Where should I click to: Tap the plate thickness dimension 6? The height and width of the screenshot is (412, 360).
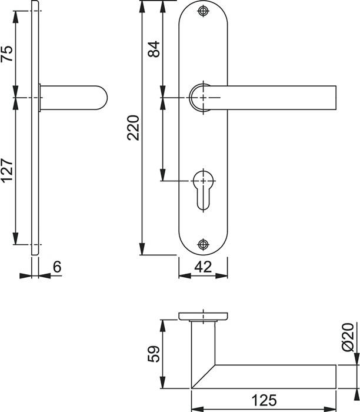tap(56, 267)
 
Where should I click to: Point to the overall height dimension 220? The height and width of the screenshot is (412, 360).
tap(134, 127)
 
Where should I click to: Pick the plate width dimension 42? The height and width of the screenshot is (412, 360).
tap(203, 267)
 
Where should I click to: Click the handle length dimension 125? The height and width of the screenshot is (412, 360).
tap(263, 401)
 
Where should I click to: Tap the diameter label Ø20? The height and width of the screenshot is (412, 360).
tap(348, 337)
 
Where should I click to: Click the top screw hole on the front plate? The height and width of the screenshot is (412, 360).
tap(203, 12)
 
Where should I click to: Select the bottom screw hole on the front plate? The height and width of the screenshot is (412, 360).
tap(203, 244)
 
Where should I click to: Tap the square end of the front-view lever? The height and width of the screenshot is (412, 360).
tap(333, 97)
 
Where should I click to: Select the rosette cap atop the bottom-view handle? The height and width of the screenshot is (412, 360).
tap(202, 317)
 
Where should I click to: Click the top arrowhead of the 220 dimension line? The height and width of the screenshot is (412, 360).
tap(142, 4)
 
